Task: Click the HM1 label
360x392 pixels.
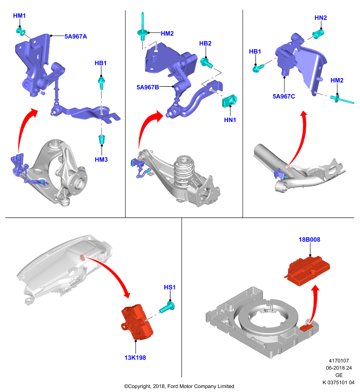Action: pos(19,16)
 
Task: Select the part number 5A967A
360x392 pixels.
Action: pos(76,36)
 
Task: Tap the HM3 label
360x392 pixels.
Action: pos(101,160)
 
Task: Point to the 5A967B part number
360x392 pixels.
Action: pos(148,87)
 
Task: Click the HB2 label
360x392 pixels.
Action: pos(205,44)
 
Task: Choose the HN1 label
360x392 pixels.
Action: pos(230,120)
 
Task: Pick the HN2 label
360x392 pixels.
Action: pos(320,18)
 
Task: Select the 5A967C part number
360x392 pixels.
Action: pos(283,97)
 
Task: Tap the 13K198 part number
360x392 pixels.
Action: pos(135,358)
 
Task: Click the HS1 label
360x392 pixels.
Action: pos(170,288)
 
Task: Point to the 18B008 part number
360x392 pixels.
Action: pos(309,240)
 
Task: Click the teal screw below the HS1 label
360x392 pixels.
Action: pos(167,307)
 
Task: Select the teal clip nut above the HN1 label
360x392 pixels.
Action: pos(230,101)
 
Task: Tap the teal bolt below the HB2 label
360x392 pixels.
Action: pos(206,63)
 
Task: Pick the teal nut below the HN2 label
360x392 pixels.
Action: pos(318,33)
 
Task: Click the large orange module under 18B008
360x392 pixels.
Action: pos(307,270)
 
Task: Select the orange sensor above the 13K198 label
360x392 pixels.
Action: pos(137,322)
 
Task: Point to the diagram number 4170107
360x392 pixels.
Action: pos(338,361)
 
